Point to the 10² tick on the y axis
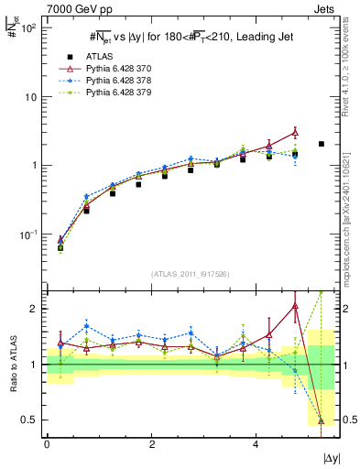coord(29,27)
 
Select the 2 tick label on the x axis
coord(151,442)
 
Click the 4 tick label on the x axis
coord(256,442)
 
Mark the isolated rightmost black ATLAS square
coord(321,144)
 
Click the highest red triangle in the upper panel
coord(295,133)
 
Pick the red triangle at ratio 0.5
coord(321,420)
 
